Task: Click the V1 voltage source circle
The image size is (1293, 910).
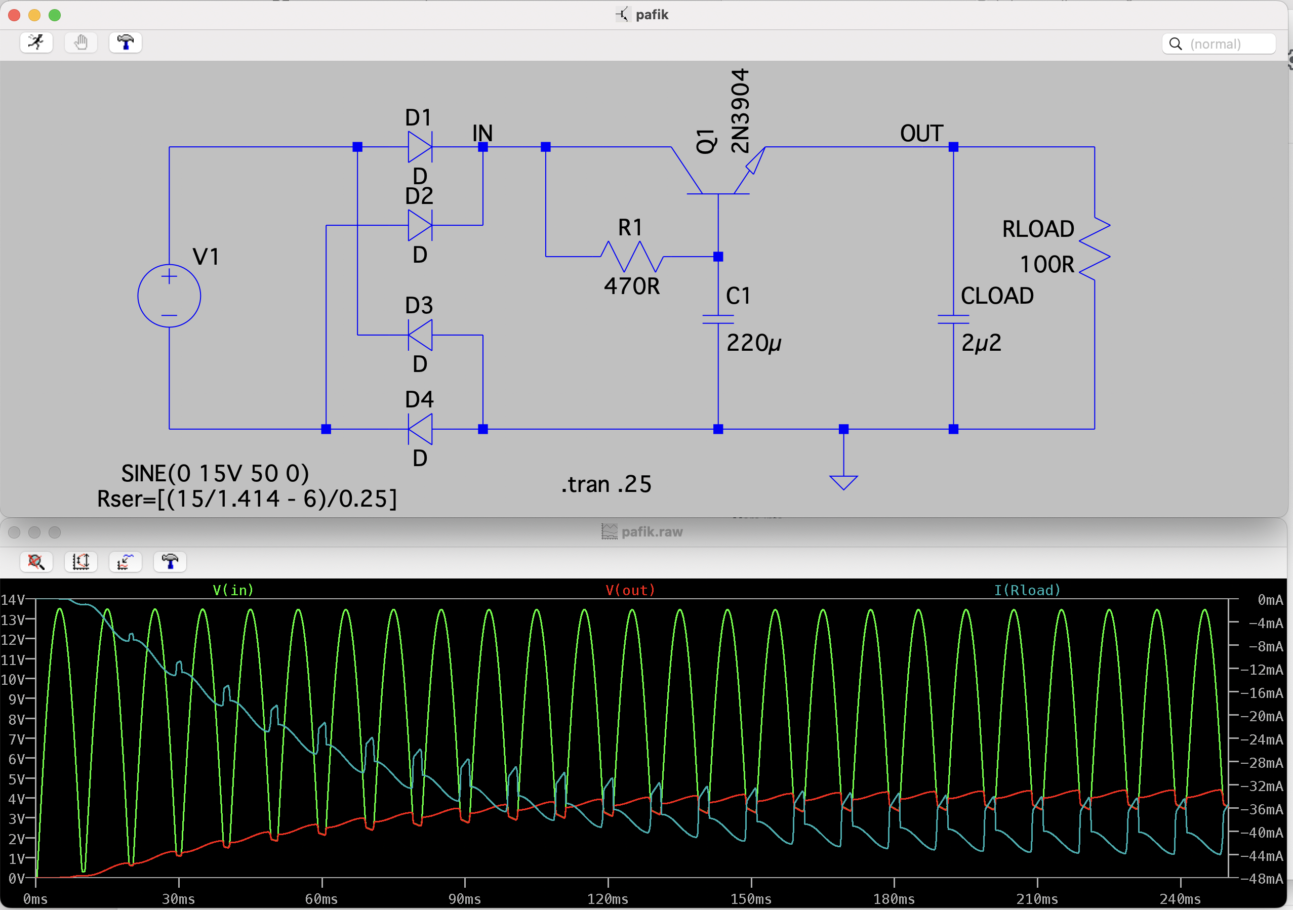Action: click(169, 296)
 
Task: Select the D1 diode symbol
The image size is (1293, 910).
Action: click(420, 147)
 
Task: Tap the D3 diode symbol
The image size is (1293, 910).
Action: click(420, 335)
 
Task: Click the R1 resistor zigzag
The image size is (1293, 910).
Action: click(632, 257)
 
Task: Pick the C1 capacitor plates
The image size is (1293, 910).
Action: click(718, 319)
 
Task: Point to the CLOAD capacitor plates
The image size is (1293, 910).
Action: click(953, 319)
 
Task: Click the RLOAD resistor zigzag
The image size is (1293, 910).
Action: click(1095, 249)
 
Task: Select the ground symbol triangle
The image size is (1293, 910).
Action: click(843, 482)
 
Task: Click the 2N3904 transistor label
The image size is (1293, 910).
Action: click(740, 111)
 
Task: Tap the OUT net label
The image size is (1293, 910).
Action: click(921, 134)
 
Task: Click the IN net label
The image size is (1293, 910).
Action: click(482, 134)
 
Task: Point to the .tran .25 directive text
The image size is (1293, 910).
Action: click(606, 484)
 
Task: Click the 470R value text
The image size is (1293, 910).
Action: click(632, 286)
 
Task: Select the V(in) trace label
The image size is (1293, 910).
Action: click(233, 590)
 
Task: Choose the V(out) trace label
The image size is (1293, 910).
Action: click(630, 590)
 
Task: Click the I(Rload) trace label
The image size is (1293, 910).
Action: click(1027, 590)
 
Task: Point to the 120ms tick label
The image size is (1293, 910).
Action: click(608, 899)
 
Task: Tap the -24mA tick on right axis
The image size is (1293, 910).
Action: click(1265, 739)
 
